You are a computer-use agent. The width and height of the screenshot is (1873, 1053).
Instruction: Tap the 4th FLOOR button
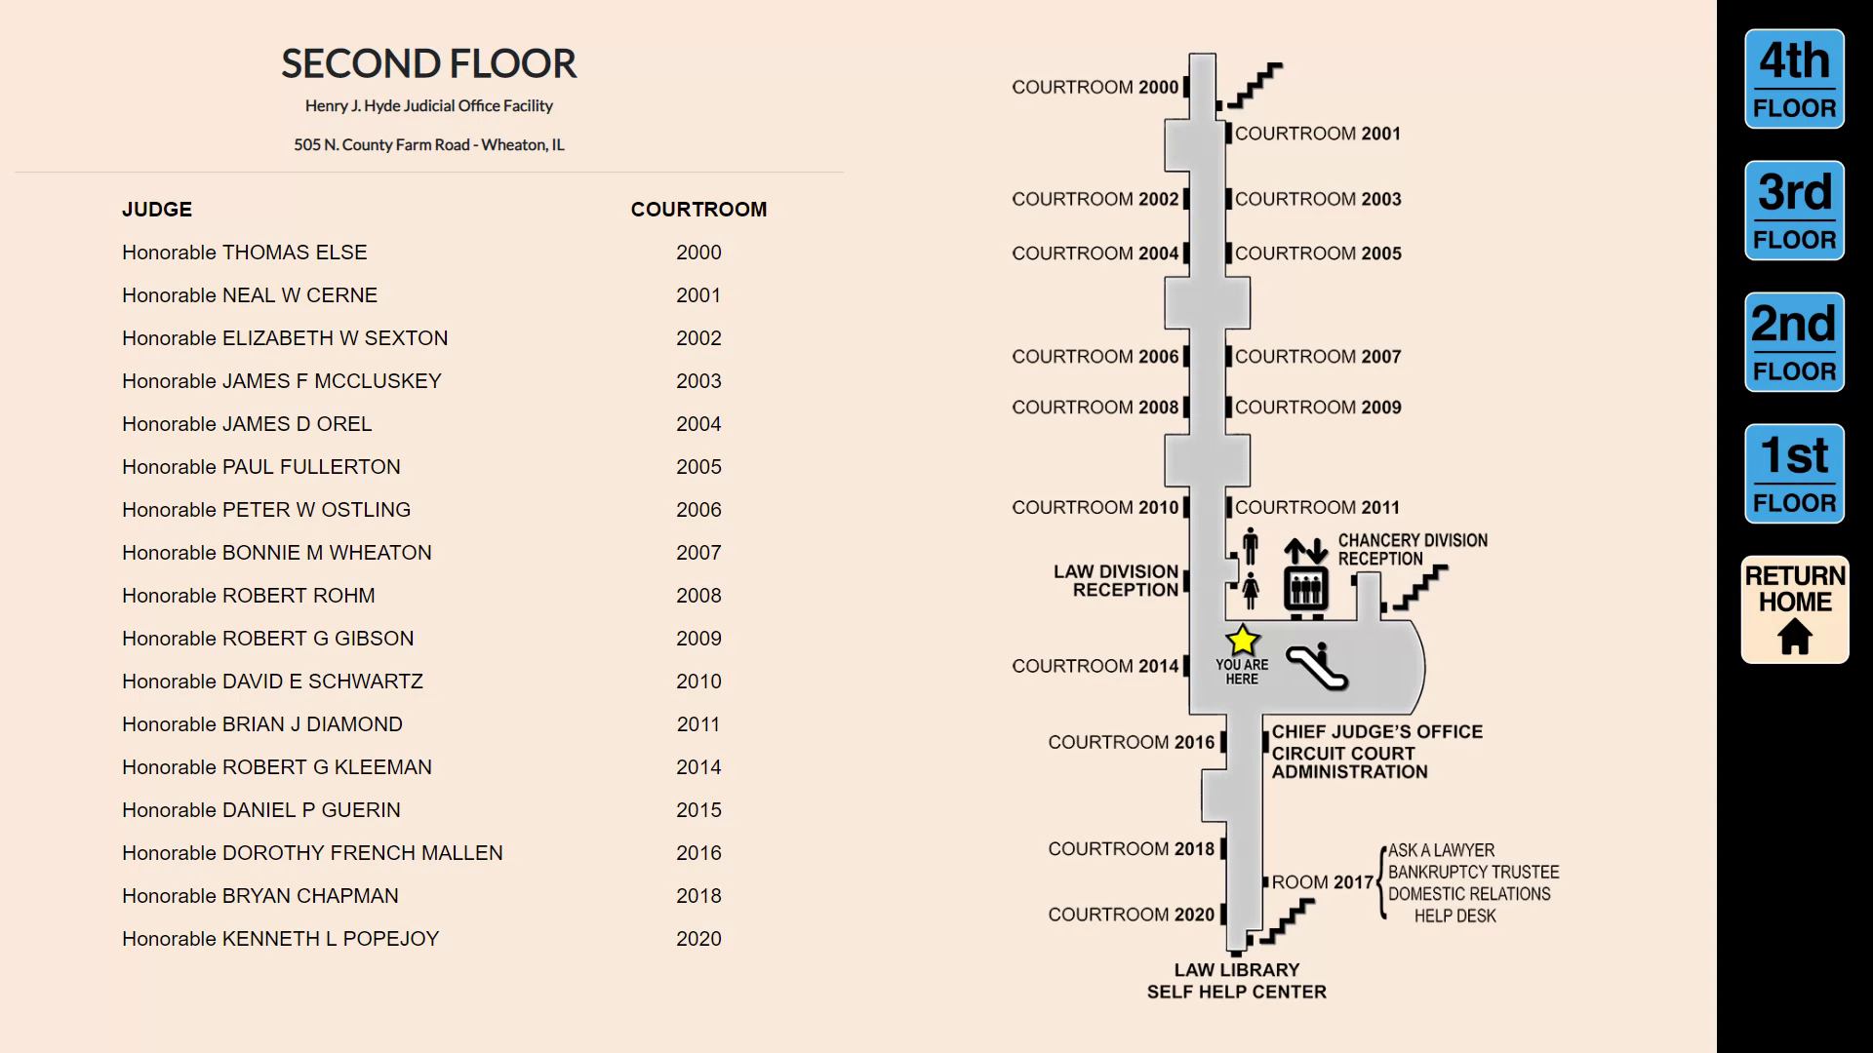coord(1794,79)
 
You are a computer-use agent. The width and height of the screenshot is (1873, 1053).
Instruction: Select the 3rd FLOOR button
coord(1794,211)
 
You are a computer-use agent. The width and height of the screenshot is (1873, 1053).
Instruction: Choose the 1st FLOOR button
coord(1794,474)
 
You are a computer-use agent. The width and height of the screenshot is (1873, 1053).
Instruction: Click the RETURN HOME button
coord(1794,610)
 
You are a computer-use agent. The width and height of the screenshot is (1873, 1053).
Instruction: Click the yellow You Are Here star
coord(1242,641)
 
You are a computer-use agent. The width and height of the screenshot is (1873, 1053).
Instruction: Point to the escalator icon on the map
coord(1316,667)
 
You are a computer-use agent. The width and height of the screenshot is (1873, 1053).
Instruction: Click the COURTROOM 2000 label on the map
coord(1095,88)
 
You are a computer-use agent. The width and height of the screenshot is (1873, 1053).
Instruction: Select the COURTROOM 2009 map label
coord(1317,408)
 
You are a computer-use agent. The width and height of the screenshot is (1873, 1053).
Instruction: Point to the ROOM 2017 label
coord(1322,882)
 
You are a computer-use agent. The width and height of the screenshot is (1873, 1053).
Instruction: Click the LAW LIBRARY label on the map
coord(1236,970)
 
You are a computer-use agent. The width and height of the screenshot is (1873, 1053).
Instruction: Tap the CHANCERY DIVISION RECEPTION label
coord(1412,550)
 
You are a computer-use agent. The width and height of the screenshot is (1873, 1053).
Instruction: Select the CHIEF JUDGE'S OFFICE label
coord(1376,732)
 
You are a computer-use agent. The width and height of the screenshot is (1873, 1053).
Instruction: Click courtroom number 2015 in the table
coord(698,810)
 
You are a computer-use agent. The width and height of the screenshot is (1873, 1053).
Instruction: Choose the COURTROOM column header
coord(698,210)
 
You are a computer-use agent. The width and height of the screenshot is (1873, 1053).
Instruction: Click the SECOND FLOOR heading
coord(428,64)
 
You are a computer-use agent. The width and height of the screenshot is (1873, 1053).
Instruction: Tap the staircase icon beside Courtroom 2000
coord(1255,86)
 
